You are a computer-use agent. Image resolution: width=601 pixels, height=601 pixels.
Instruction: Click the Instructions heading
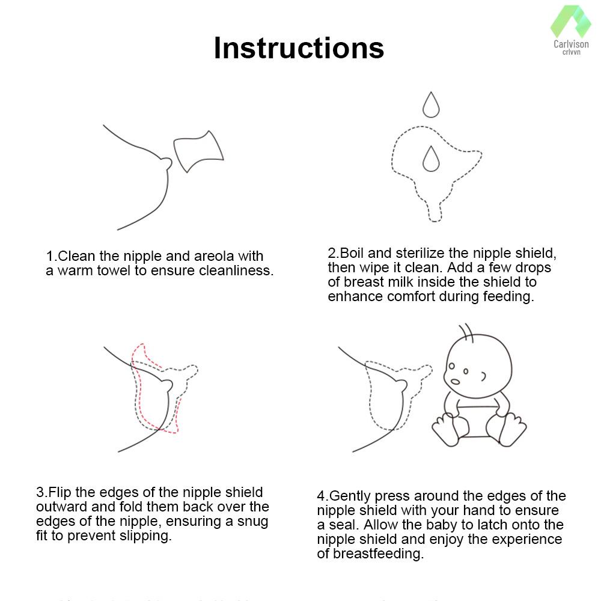click(299, 48)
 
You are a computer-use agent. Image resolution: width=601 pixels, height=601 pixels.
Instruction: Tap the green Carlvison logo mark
click(571, 22)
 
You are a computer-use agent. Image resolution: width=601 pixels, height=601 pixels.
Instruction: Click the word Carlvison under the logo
click(571, 44)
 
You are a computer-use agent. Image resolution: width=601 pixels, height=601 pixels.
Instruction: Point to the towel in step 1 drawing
click(198, 151)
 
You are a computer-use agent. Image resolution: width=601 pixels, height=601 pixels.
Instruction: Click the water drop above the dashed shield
click(431, 105)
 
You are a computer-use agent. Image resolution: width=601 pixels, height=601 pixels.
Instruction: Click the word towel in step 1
click(114, 270)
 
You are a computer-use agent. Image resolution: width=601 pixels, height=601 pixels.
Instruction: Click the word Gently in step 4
click(350, 496)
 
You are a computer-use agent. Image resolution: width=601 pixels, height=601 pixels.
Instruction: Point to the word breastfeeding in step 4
click(378, 554)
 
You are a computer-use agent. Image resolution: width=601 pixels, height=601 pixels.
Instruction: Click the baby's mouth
click(455, 382)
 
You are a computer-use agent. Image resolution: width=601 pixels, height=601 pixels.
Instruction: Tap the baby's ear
click(484, 376)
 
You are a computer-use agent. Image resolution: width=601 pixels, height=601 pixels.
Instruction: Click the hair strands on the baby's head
click(466, 332)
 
